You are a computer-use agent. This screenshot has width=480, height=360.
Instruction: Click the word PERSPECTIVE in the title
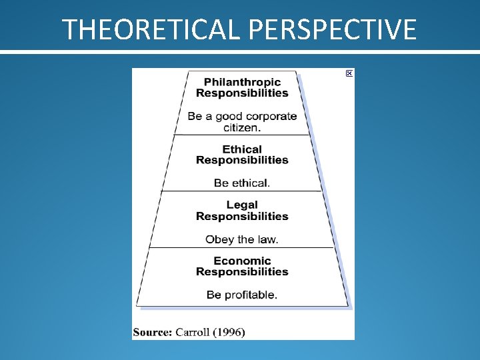(x=333, y=29)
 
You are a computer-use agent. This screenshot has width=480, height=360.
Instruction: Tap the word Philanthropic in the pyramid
(x=242, y=82)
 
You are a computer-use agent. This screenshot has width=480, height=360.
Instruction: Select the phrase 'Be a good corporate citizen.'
(x=242, y=121)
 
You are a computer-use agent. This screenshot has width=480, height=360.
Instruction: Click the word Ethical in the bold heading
(x=242, y=149)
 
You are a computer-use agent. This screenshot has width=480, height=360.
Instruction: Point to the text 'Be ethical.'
(x=242, y=183)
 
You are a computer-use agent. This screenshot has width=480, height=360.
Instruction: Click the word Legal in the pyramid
(x=242, y=205)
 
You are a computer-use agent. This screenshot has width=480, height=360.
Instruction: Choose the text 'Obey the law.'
(x=242, y=239)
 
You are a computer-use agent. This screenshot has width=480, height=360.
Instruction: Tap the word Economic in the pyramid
(x=242, y=261)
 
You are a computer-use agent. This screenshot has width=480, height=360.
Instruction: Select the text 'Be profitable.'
(x=242, y=295)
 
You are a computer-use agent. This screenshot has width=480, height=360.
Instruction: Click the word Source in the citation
(x=152, y=332)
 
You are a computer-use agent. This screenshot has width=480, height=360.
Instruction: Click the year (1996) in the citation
(x=230, y=332)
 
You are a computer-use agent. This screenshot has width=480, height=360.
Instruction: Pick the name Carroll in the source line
(x=193, y=332)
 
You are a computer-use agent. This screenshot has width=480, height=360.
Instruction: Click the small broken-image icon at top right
(x=349, y=73)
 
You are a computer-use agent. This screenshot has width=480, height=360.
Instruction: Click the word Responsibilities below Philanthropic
(x=242, y=93)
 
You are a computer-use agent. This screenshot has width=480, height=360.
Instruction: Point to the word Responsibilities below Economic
(x=242, y=272)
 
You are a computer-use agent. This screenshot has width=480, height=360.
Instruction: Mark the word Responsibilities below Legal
(x=242, y=216)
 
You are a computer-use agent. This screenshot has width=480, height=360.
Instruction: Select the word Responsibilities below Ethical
(x=242, y=160)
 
